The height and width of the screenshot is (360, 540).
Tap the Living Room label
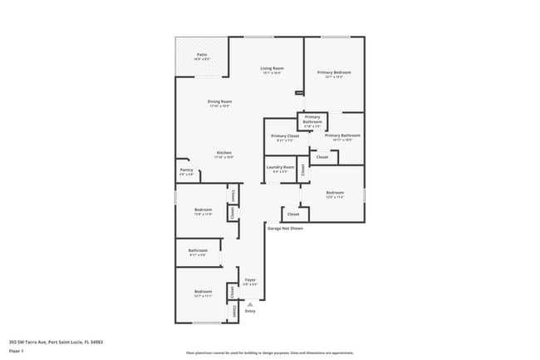pyautogui.click(x=272, y=68)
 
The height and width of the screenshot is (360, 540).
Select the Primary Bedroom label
pyautogui.click(x=334, y=72)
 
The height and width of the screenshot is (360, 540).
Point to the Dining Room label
pyautogui.click(x=219, y=101)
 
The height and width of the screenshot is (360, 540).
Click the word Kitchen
pyautogui.click(x=224, y=153)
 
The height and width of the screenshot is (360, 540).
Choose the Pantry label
pyautogui.click(x=186, y=170)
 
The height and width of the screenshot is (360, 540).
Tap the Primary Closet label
pyautogui.click(x=285, y=136)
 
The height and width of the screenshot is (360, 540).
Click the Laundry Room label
pyautogui.click(x=280, y=167)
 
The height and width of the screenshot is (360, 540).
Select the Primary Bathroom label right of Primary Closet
pyautogui.click(x=342, y=136)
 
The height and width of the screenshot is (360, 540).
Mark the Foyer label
pyautogui.click(x=249, y=280)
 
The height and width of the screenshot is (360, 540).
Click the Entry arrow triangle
pyautogui.click(x=250, y=304)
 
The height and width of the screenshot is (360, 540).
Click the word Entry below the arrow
pyautogui.click(x=250, y=312)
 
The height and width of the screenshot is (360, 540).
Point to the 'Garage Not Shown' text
pyautogui.click(x=285, y=226)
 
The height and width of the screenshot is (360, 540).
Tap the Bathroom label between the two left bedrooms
pyautogui.click(x=198, y=250)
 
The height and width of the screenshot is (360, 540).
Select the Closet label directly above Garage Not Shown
pyautogui.click(x=293, y=214)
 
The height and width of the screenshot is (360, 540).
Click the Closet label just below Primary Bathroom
pyautogui.click(x=322, y=156)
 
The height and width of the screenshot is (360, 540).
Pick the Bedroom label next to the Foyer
pyautogui.click(x=204, y=291)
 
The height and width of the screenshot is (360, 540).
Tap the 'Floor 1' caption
pyautogui.click(x=17, y=352)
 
